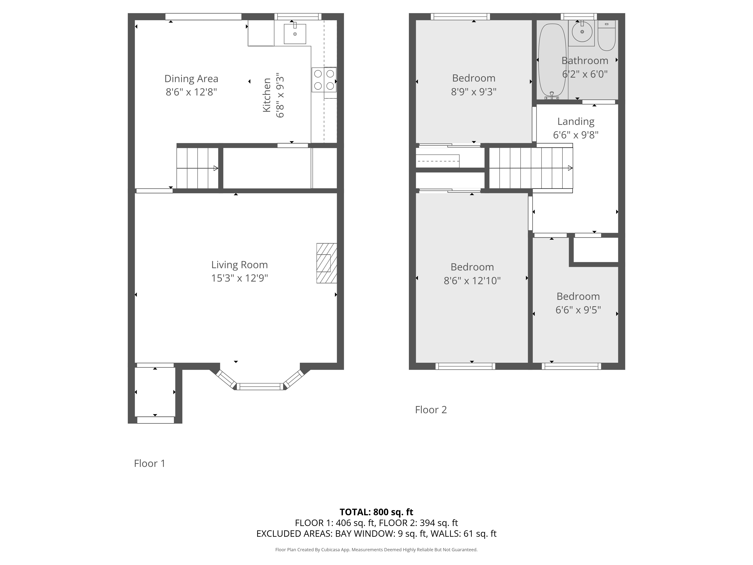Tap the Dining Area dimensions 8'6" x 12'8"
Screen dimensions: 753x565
point(191,92)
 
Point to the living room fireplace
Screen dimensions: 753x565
point(326,263)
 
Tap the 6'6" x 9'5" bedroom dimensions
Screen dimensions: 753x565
point(578,310)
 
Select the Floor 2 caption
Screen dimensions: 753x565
point(431,410)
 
